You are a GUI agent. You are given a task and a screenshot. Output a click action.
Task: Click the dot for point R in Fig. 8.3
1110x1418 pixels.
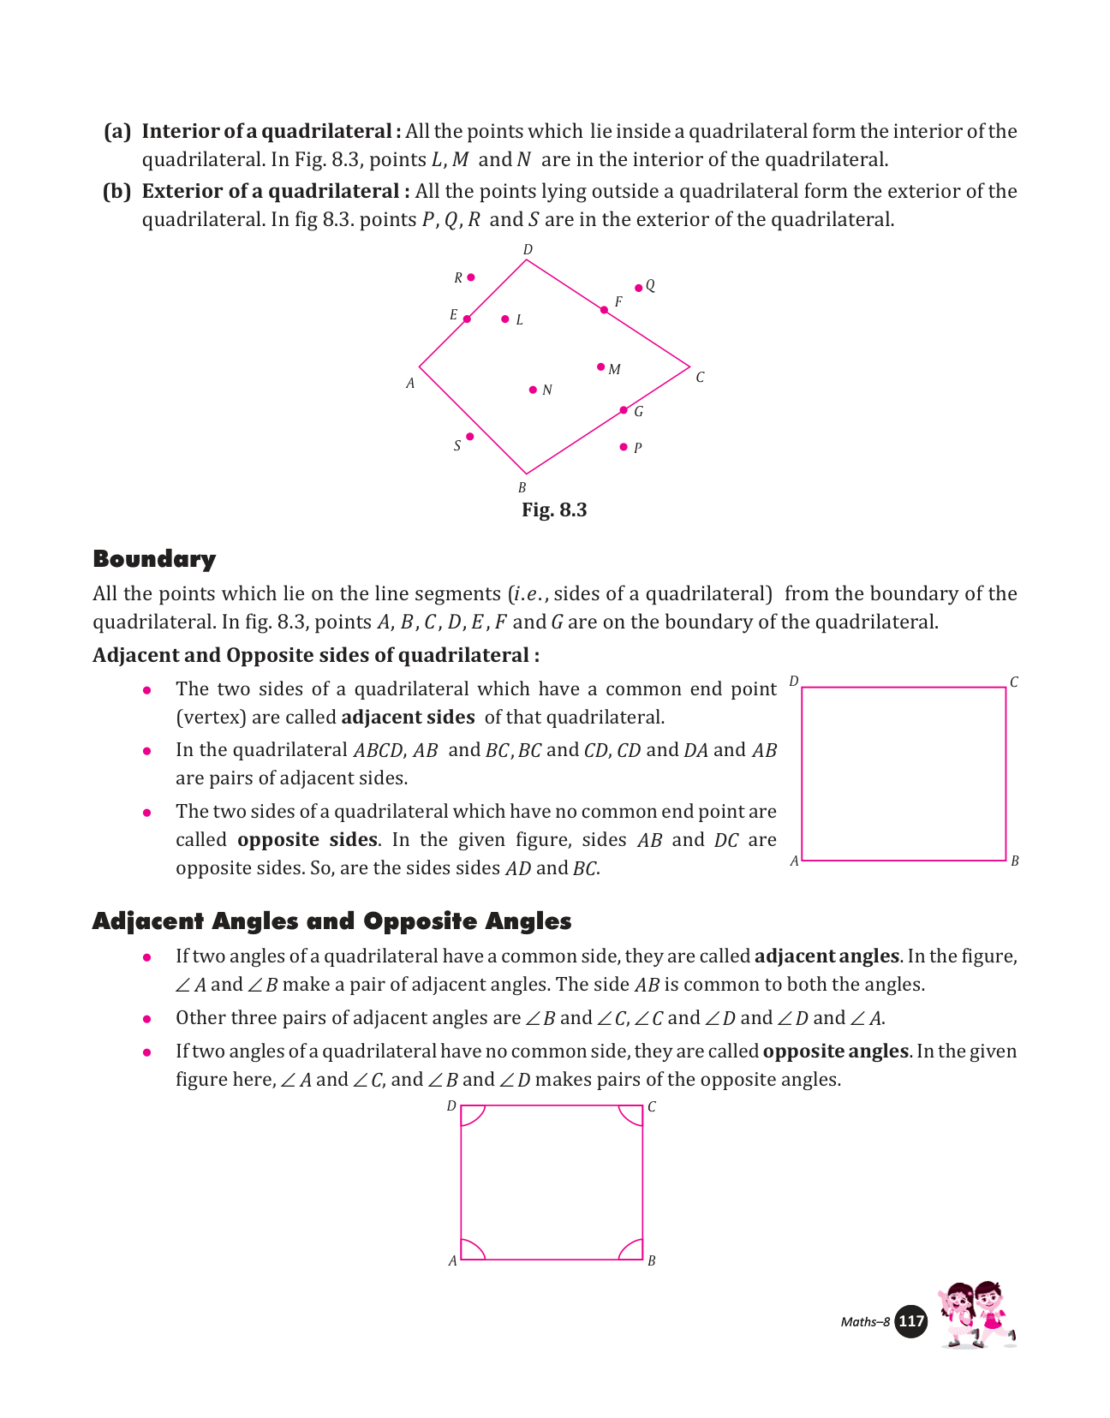pos(471,277)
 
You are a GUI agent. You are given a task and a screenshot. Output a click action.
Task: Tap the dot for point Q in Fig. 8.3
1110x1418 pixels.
pos(638,288)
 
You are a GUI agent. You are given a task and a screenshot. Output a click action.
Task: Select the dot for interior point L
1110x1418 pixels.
pos(505,319)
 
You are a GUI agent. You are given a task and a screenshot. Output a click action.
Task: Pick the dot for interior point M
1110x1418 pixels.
pos(600,366)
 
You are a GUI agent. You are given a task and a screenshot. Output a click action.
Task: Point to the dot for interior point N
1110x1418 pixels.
pos(533,390)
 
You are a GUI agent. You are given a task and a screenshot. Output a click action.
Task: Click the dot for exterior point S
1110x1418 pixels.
pos(469,437)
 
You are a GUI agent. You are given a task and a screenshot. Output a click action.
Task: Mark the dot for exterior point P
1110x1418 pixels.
pos(624,447)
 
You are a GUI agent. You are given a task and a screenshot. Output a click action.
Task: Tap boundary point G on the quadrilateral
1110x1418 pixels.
pos(624,410)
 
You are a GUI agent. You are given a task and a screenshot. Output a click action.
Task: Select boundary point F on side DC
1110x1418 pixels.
pos(604,310)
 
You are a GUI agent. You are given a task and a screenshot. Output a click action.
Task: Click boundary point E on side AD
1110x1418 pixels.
pos(467,319)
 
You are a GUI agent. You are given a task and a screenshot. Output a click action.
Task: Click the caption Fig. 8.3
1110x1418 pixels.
pos(554,510)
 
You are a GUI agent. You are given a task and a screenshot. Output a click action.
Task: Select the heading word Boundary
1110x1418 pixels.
pos(154,559)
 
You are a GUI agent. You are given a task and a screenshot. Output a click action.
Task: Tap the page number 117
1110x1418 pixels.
pos(911,1321)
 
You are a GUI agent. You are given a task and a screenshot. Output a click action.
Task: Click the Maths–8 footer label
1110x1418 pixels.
pos(865,1322)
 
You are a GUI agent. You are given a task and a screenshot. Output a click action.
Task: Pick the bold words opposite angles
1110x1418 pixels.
pos(835,1051)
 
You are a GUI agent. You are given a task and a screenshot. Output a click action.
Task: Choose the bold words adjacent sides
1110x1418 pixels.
pos(408,718)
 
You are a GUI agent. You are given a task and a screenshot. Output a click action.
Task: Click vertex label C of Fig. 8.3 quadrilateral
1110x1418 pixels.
pos(700,378)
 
